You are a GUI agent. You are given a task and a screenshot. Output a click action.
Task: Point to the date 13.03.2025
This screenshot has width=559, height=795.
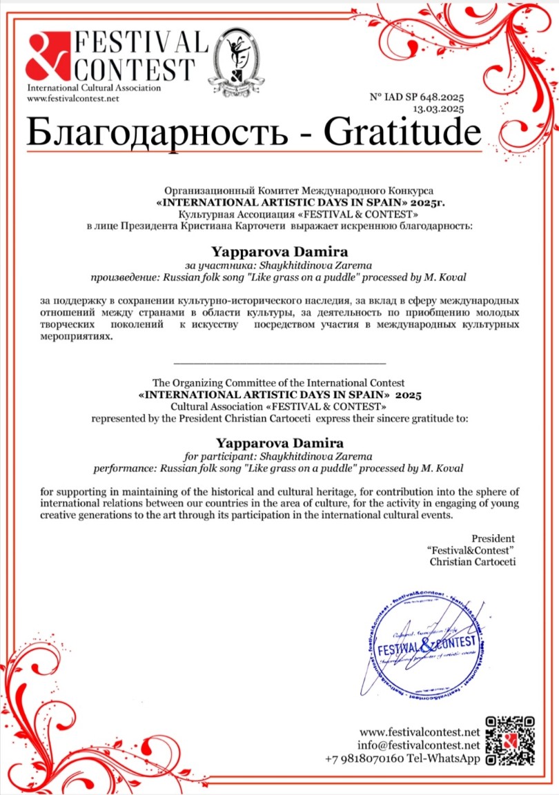tap(438, 109)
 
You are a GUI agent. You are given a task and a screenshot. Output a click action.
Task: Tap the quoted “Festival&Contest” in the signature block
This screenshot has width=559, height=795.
tap(471, 550)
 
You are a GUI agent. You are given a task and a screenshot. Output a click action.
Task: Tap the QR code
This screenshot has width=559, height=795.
tap(511, 740)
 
